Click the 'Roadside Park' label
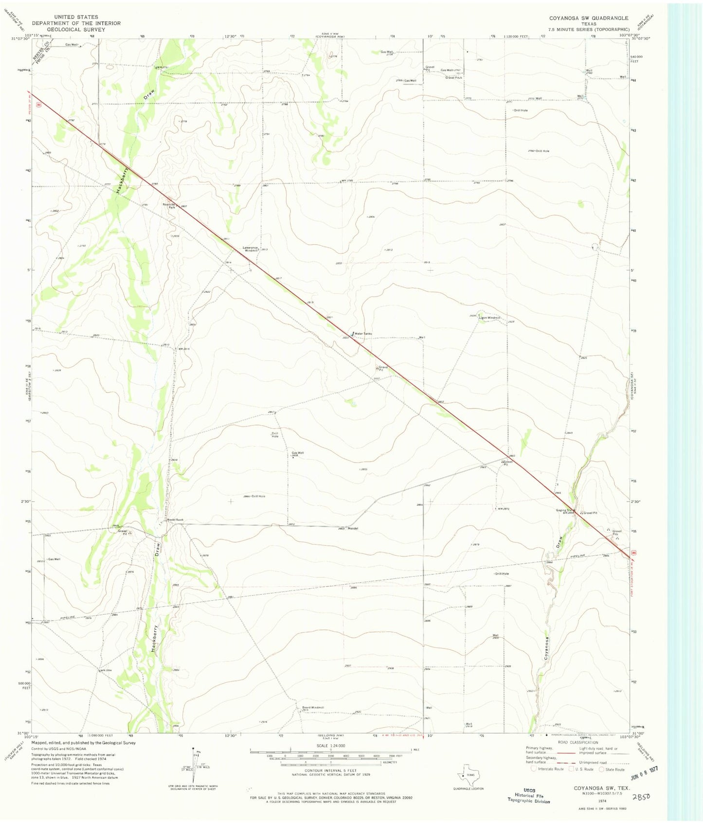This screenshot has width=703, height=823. (168, 205)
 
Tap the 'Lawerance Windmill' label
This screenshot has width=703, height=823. (250, 249)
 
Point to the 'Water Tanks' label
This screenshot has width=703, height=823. (363, 334)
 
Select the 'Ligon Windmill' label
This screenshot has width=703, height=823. (489, 318)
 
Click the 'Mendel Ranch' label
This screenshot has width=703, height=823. (175, 520)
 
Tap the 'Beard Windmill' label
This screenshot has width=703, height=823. (313, 707)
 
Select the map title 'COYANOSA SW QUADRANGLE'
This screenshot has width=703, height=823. (589, 18)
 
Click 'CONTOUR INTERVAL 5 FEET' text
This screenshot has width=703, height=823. (330, 770)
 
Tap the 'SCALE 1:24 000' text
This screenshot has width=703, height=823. (330, 746)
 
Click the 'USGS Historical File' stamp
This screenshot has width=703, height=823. (529, 795)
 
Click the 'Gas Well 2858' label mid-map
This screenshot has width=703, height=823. (297, 454)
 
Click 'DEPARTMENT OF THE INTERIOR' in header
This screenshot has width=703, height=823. (76, 23)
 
